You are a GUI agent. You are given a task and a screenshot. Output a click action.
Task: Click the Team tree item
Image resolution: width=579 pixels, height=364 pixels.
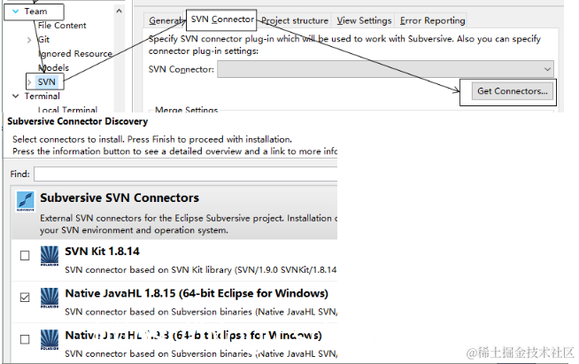click(36, 12)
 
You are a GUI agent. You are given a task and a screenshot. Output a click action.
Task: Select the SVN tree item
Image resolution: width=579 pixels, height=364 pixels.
click(46, 81)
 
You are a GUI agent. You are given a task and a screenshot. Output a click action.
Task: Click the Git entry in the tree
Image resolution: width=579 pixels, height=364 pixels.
click(44, 40)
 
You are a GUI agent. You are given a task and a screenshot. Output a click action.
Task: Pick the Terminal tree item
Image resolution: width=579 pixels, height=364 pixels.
click(42, 96)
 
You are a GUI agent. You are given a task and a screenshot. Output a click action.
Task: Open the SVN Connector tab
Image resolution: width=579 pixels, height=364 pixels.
click(222, 19)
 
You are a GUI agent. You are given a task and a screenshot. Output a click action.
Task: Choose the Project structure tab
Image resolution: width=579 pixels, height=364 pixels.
click(295, 20)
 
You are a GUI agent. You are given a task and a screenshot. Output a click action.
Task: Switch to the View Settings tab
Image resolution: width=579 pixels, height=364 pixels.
click(364, 20)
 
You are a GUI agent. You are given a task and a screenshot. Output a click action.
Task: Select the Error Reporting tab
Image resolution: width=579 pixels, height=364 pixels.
click(432, 20)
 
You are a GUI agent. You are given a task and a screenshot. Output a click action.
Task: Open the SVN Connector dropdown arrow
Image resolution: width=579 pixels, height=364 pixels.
click(548, 68)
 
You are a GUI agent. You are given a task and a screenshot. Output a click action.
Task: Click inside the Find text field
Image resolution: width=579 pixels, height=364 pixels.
click(186, 174)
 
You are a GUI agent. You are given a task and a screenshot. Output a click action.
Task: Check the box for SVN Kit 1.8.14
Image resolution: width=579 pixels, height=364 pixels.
click(24, 256)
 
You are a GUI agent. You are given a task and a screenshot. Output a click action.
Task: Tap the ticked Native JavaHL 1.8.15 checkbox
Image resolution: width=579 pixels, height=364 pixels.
click(24, 296)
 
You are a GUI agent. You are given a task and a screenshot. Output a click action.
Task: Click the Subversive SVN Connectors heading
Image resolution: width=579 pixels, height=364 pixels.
click(120, 197)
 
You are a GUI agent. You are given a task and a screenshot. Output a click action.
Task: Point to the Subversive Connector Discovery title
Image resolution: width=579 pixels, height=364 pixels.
click(78, 121)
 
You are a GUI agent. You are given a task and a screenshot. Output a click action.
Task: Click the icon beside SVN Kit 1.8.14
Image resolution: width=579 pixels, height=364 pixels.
click(50, 257)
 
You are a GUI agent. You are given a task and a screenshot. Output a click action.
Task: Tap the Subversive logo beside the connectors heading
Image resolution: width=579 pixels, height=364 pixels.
click(27, 203)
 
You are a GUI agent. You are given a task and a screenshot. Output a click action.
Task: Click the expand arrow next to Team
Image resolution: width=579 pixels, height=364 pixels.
click(15, 12)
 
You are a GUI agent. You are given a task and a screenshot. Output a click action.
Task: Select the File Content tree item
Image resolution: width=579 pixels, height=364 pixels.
click(62, 26)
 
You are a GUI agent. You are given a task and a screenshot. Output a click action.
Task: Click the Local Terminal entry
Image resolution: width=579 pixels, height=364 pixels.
click(67, 110)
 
